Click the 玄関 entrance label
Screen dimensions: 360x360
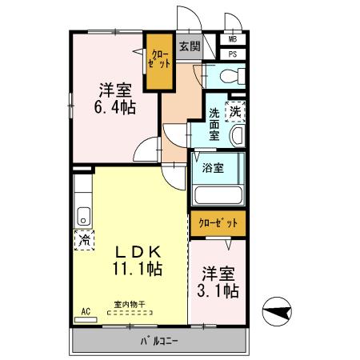tap(190, 46)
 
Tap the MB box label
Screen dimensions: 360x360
tap(233, 38)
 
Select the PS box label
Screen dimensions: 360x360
tap(233, 54)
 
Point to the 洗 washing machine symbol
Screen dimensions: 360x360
tap(235, 112)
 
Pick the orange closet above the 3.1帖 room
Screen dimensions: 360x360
tap(218, 223)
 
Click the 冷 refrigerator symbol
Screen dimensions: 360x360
tap(82, 239)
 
